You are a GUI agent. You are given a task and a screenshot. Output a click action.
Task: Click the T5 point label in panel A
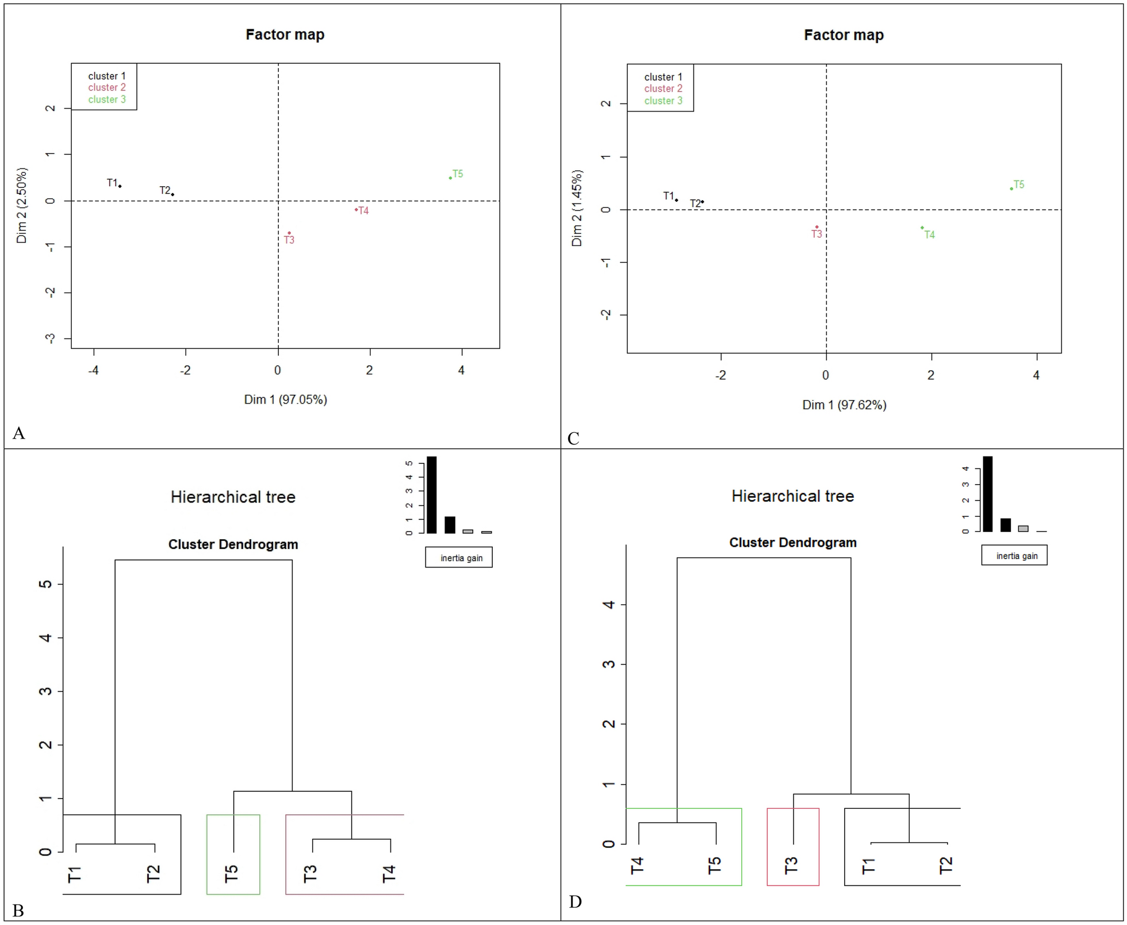pyautogui.click(x=458, y=174)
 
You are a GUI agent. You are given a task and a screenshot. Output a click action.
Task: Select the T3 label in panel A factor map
pyautogui.click(x=289, y=240)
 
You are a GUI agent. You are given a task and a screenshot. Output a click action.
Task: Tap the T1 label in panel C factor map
pyautogui.click(x=668, y=196)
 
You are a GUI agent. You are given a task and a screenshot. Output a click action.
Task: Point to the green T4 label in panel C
pyautogui.click(x=930, y=235)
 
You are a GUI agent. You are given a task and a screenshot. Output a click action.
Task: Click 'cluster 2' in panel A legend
pyautogui.click(x=106, y=87)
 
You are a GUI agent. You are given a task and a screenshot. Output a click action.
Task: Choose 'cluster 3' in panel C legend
pyautogui.click(x=663, y=101)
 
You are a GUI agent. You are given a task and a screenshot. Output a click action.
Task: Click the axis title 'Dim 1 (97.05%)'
pyautogui.click(x=285, y=400)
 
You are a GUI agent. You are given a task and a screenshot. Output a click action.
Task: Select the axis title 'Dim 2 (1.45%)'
pyautogui.click(x=577, y=208)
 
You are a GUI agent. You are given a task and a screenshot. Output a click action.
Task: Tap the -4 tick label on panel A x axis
pyautogui.click(x=93, y=371)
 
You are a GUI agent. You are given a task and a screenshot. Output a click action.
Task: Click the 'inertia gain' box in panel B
pyautogui.click(x=459, y=558)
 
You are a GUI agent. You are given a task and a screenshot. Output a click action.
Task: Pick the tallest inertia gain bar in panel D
pyautogui.click(x=988, y=494)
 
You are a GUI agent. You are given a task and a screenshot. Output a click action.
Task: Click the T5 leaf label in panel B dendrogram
pyautogui.click(x=231, y=873)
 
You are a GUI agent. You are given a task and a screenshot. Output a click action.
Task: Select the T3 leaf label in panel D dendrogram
pyautogui.click(x=791, y=865)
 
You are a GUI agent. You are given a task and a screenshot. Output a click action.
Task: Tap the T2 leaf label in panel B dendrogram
pyautogui.click(x=153, y=873)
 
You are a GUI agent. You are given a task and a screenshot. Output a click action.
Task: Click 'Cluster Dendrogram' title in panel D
pyautogui.click(x=793, y=543)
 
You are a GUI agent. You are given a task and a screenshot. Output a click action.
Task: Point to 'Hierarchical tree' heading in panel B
pyautogui.click(x=233, y=497)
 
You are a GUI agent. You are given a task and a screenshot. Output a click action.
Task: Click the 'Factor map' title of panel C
pyautogui.click(x=844, y=35)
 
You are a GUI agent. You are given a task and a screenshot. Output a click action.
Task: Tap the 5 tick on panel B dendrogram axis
pyautogui.click(x=45, y=584)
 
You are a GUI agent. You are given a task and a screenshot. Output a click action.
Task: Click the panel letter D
pyautogui.click(x=575, y=901)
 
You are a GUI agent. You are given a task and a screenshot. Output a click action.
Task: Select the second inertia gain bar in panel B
pyautogui.click(x=450, y=525)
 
